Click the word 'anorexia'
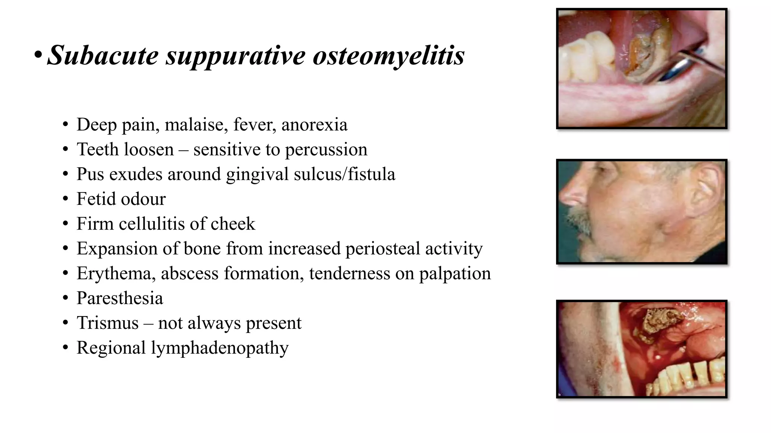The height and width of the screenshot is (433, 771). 314,125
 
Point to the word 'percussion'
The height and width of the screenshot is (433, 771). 326,150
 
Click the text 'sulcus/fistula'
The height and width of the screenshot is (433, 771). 344,174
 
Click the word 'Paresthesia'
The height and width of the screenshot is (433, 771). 120,298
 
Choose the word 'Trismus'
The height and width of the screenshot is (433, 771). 108,323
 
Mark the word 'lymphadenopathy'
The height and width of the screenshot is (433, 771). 220,348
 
